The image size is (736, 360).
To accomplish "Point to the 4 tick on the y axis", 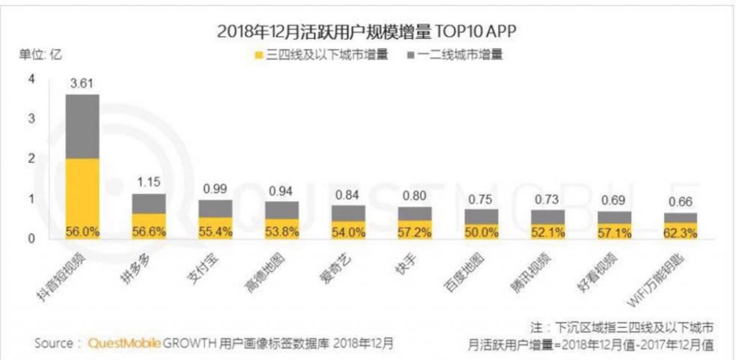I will (31, 79).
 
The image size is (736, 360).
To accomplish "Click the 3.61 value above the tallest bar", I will (82, 83).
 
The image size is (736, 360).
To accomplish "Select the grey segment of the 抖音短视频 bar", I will (82, 126).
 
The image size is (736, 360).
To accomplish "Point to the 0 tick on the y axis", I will (31, 238).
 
